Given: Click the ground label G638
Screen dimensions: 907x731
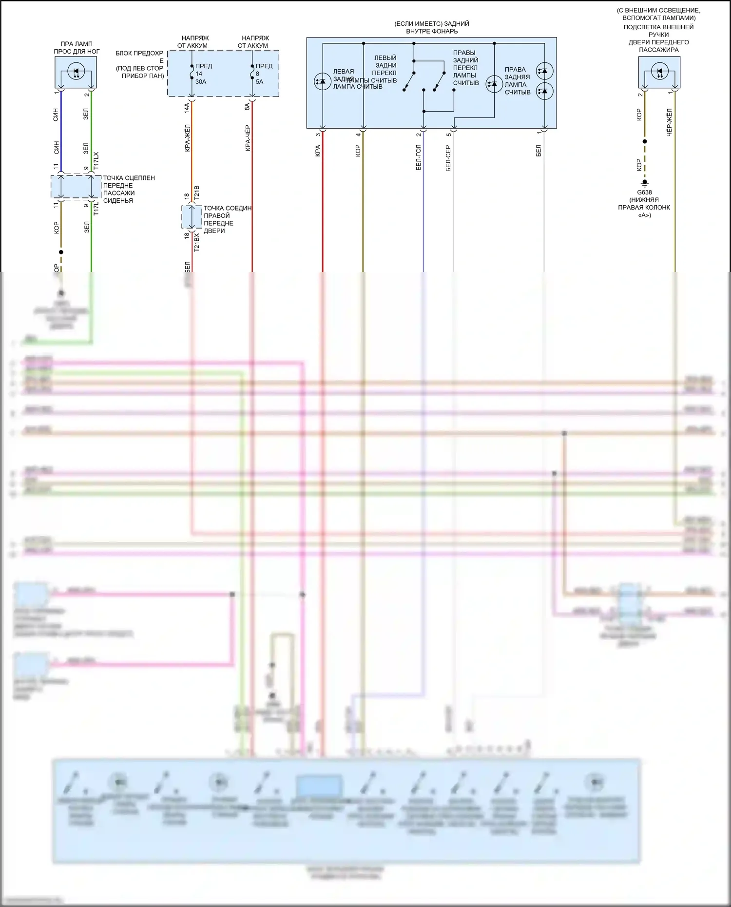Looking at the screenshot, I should click(644, 193).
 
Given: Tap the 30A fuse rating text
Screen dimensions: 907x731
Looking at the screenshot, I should click(201, 82).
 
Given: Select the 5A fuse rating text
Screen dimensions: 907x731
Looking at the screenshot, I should click(259, 82).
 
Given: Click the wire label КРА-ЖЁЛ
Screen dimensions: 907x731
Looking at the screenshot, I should click(188, 138).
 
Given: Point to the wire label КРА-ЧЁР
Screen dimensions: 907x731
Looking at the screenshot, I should click(248, 138).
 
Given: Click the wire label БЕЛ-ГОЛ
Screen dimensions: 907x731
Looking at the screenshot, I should click(419, 157).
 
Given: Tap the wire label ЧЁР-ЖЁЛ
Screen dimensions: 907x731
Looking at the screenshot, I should click(670, 122).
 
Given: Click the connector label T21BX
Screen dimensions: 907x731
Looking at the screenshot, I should click(197, 242).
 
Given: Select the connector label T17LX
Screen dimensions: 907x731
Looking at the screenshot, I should click(96, 161).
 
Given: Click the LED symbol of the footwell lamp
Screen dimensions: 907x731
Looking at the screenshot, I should click(76, 72).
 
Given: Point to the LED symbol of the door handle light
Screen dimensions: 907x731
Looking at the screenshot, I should click(659, 72).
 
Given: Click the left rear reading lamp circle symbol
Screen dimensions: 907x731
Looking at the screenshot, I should click(322, 81).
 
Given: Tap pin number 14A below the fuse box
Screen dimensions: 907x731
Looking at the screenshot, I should click(187, 108).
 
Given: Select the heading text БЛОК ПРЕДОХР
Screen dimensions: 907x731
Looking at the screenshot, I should click(139, 53).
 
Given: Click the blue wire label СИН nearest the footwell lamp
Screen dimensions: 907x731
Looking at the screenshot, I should click(56, 115).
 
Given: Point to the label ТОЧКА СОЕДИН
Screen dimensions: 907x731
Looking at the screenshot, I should click(227, 208).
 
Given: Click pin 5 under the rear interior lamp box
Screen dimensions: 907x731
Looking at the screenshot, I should click(449, 135).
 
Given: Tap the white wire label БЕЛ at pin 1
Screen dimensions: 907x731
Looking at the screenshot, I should click(539, 151).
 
